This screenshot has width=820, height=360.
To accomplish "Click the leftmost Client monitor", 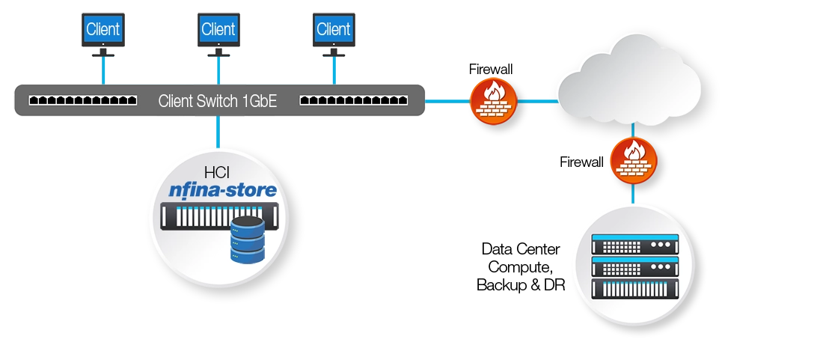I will (102, 31).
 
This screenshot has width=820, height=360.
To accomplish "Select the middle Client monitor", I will (218, 31).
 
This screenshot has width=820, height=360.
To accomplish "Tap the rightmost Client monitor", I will (333, 31).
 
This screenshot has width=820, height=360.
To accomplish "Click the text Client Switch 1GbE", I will (218, 101).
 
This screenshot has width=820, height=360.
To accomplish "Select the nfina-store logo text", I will (219, 191).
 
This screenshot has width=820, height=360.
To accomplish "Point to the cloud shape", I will (628, 82).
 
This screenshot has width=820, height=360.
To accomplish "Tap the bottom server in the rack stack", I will (634, 288).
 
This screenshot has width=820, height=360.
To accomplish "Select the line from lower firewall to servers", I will (633, 192).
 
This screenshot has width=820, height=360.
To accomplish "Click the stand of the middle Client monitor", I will (218, 54).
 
